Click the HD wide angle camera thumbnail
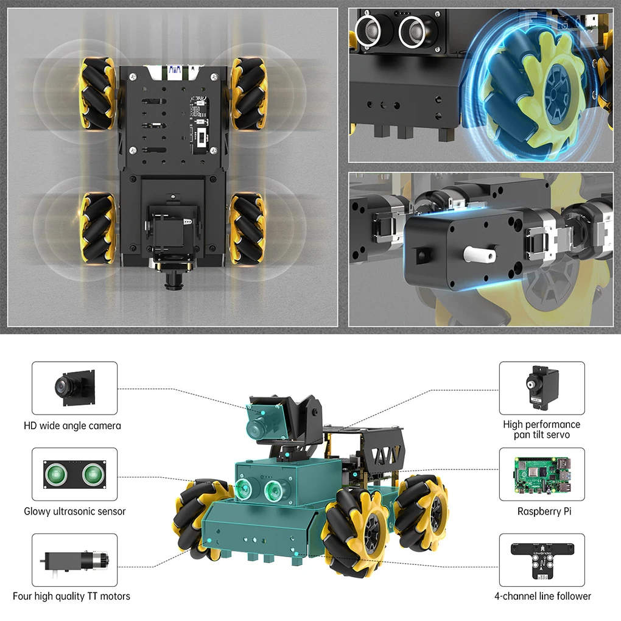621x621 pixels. (x=74, y=388)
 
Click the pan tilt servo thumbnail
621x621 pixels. (x=541, y=388)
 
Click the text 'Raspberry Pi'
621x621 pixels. (x=544, y=511)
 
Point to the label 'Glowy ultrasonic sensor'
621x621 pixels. (x=74, y=511)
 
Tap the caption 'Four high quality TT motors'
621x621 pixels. (x=71, y=596)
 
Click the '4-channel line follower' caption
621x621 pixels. (x=542, y=596)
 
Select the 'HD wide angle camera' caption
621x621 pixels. (x=72, y=426)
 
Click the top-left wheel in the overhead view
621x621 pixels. (x=97, y=93)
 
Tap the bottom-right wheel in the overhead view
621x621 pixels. (x=247, y=228)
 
